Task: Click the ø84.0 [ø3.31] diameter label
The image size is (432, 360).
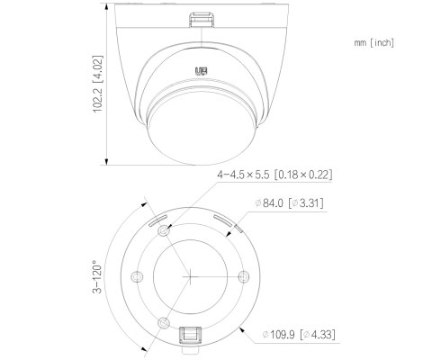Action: pos(289,205)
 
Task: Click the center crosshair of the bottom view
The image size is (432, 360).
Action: pos(190,274)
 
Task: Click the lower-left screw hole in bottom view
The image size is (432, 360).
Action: pos(163,321)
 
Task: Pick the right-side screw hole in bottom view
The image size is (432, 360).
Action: pos(240,276)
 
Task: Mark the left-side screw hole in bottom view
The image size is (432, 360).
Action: pos(137,275)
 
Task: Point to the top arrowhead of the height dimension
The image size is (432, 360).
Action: pos(108,5)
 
